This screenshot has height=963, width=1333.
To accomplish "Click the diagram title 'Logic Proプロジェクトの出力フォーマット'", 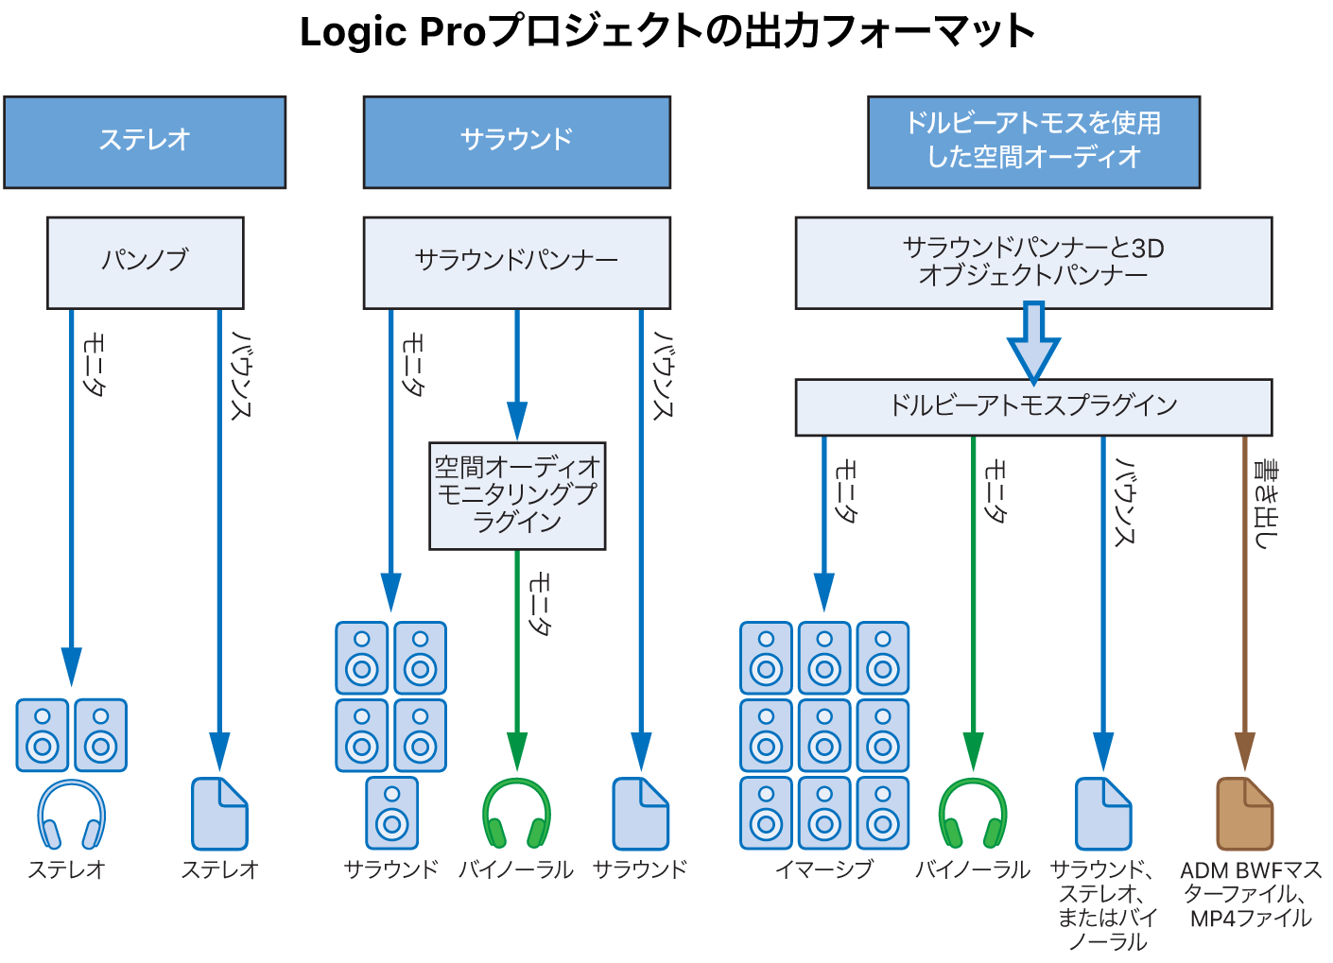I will click(666, 32).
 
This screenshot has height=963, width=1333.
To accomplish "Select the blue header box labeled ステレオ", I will click(145, 142).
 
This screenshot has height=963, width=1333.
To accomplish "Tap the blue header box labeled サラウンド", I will click(516, 142).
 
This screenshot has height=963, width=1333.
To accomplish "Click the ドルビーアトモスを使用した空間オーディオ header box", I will click(1033, 142).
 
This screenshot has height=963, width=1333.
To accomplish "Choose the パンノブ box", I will click(145, 262).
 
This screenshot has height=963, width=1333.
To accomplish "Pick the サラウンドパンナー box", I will click(516, 262).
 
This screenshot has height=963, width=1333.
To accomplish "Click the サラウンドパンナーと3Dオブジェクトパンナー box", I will click(1033, 262).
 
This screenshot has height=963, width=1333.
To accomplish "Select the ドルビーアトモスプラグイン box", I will click(1033, 406).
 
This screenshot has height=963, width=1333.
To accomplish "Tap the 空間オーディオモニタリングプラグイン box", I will click(516, 495).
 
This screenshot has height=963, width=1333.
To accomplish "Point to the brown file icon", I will click(1244, 814).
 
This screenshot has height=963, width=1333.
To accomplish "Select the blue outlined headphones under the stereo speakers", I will click(71, 815).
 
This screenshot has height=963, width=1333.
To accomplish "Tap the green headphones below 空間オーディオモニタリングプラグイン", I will click(516, 814).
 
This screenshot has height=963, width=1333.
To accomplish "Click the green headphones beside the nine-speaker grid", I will click(973, 814).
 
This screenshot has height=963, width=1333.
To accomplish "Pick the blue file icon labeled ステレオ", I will click(219, 814).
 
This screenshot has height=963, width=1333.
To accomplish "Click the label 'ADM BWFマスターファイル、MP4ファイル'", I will click(1250, 894).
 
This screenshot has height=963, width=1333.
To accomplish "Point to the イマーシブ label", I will click(823, 869).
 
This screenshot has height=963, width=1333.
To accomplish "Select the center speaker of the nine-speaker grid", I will click(824, 735).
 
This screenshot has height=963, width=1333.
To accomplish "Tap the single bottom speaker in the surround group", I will click(391, 813).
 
